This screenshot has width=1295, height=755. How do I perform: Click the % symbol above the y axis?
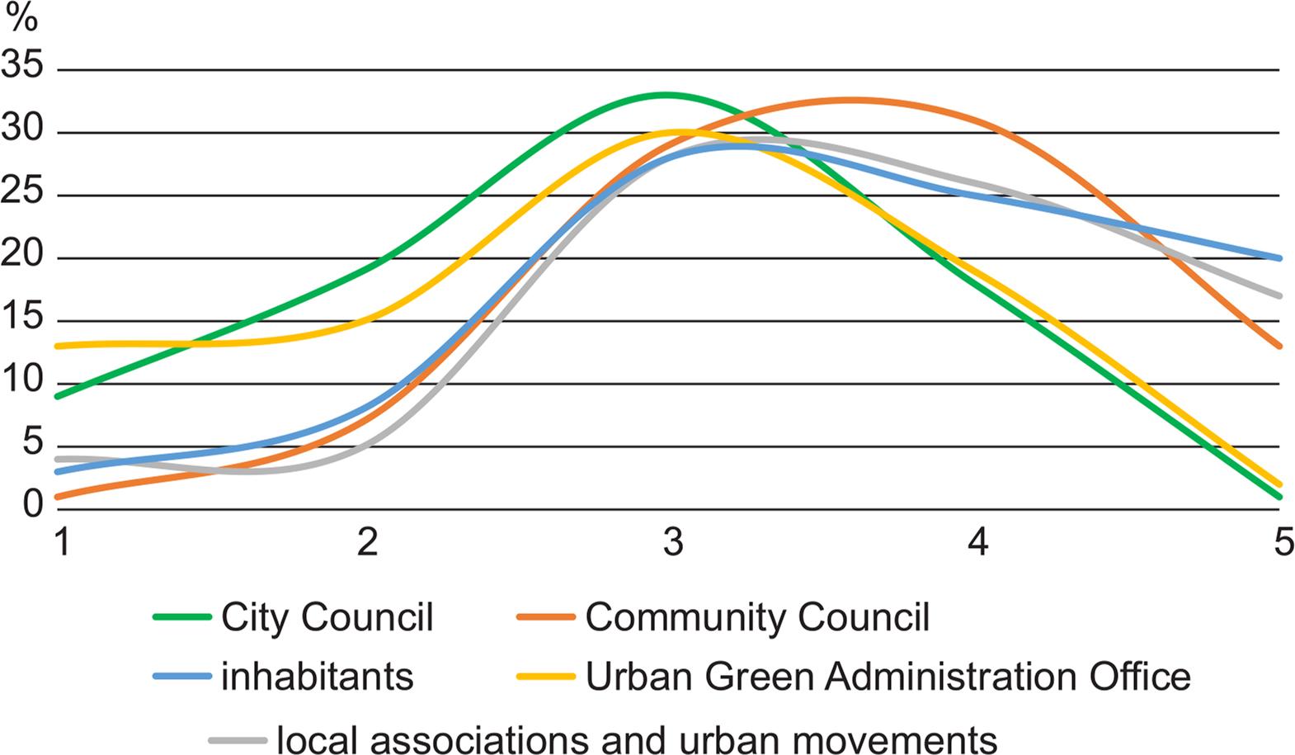coord(21,18)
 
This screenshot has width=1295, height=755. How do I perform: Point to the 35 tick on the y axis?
coord(22,64)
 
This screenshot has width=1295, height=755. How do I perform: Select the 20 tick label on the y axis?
coord(22,253)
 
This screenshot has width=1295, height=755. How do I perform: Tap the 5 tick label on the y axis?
coord(32,442)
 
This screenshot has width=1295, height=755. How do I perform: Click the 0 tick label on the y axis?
coord(32,503)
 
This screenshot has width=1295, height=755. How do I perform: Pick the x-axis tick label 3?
coord(673,542)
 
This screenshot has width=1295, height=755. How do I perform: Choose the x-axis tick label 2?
coord(368,542)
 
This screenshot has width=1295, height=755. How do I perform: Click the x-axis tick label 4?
coord(978,542)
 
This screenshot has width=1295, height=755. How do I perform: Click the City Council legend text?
coord(327,617)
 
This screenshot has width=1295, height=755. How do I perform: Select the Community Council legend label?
coord(757,617)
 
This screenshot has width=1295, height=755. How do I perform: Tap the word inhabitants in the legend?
coord(317,677)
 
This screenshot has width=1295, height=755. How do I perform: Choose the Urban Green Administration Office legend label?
coord(888,677)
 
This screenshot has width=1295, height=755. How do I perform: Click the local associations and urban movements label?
coord(637,738)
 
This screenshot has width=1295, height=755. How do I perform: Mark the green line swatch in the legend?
coord(182,617)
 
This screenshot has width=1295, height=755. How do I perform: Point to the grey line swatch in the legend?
coord(238,740)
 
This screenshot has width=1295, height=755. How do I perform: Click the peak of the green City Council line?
coord(666,95)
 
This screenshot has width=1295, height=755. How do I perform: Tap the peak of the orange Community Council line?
coord(850,101)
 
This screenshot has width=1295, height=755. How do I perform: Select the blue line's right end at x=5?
coord(1279,258)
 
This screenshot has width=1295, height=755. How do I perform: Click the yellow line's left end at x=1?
coord(57,346)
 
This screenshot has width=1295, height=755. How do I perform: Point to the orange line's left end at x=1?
coord(57,497)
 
